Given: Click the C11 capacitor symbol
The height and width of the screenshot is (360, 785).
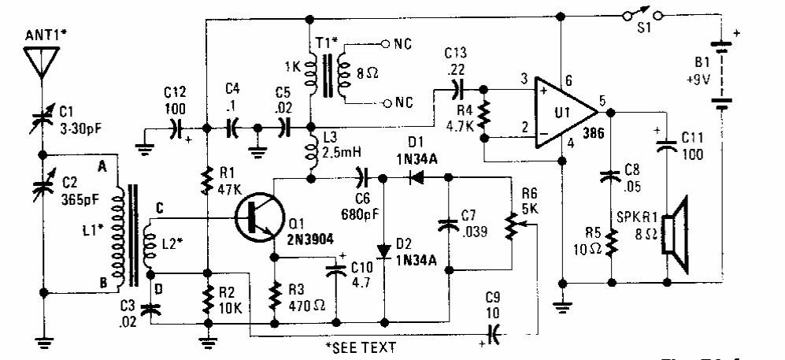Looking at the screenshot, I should pyautogui.click(x=666, y=144).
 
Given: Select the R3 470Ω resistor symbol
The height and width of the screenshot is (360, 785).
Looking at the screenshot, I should pyautogui.click(x=274, y=298).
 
